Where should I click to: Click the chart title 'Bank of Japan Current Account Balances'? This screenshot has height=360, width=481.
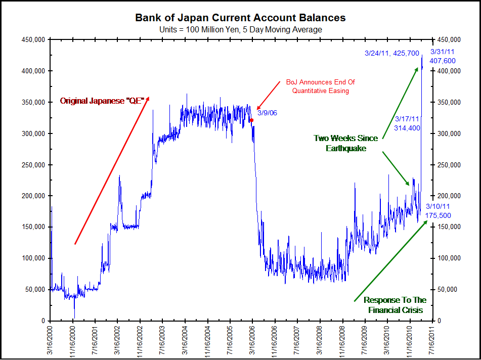(240, 18)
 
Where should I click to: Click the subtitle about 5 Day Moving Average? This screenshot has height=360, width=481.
(240, 29)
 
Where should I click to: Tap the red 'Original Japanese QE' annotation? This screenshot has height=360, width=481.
(102, 101)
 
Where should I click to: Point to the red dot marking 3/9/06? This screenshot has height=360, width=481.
(251, 120)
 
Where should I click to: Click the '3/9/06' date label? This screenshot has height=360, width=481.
(267, 112)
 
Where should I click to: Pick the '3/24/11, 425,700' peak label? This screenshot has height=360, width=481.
(391, 53)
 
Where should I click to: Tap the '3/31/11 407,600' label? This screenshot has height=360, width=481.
(443, 56)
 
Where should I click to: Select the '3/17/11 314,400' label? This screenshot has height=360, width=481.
(408, 123)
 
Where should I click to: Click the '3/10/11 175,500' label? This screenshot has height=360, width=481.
(438, 211)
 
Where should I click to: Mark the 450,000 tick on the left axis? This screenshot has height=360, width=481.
(34, 39)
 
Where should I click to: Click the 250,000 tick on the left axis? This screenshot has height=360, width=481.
(34, 165)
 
